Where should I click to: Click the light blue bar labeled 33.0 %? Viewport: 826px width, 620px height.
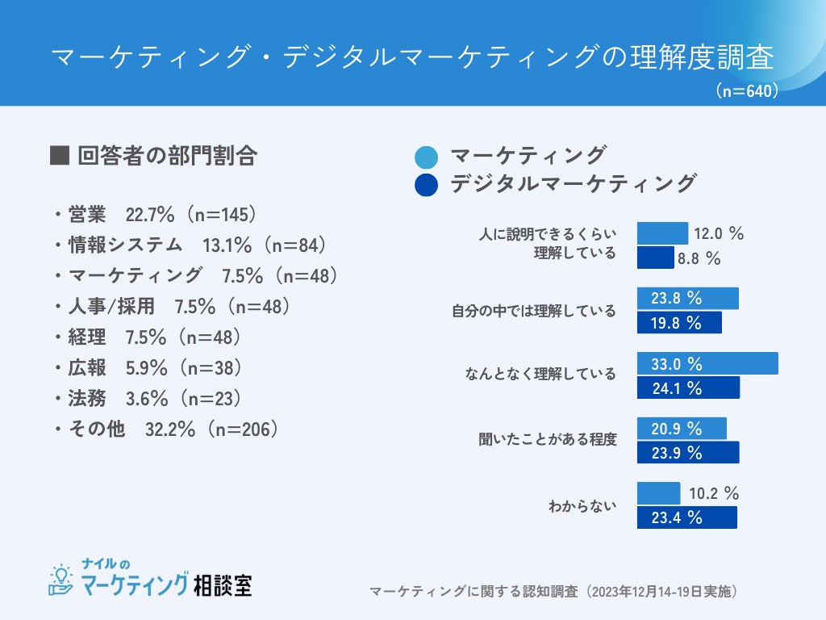tap(707, 363)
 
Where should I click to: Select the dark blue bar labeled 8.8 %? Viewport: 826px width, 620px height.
tap(655, 258)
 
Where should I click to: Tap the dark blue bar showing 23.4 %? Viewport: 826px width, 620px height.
tap(686, 517)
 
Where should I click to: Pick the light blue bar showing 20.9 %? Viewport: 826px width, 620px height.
tap(682, 428)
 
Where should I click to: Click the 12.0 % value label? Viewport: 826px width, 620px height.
tap(718, 234)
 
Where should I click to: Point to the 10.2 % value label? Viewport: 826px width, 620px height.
tap(714, 493)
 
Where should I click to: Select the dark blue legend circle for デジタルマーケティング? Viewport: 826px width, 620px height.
tap(425, 185)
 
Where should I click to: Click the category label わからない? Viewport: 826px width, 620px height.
tap(582, 506)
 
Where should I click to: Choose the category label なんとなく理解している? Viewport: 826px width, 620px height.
tap(540, 374)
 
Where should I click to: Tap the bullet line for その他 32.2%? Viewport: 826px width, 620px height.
tap(166, 429)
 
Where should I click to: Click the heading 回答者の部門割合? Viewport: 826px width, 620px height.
tap(153, 156)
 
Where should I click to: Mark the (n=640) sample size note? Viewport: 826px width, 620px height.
tap(747, 91)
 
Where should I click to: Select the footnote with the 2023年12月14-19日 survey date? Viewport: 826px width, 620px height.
tap(553, 592)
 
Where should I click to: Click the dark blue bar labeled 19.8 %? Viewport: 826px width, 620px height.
tap(679, 323)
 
